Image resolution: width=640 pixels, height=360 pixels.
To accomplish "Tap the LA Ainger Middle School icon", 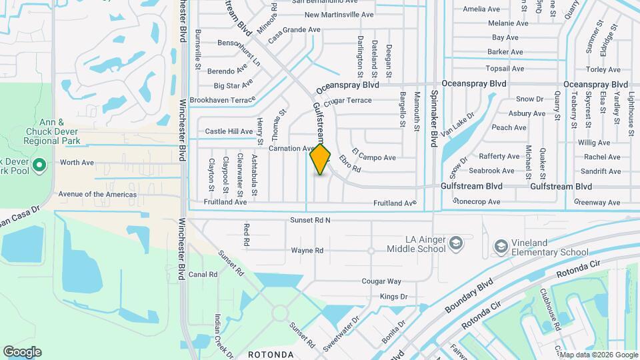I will pyautogui.click(x=456, y=241).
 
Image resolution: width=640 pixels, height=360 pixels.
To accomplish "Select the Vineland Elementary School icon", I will pyautogui.click(x=501, y=247).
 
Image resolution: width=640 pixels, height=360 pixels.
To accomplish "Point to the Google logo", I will pyautogui.click(x=22, y=351).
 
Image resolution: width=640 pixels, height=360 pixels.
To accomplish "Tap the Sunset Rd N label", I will pyautogui.click(x=310, y=220).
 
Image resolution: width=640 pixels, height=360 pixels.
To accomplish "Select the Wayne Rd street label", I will pyautogui.click(x=307, y=251).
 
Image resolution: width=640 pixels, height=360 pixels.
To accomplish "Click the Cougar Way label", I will pyautogui.click(x=381, y=282).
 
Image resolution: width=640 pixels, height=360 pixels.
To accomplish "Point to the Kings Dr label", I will pyautogui.click(x=393, y=297).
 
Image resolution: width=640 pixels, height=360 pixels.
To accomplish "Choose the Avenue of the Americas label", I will pyautogui.click(x=97, y=195).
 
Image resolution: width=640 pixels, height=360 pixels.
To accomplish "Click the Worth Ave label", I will pyautogui.click(x=77, y=163).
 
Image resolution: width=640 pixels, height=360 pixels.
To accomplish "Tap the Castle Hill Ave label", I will pyautogui.click(x=229, y=131).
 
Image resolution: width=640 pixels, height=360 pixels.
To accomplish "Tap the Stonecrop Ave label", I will pyautogui.click(x=476, y=201).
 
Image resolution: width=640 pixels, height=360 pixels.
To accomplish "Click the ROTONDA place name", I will pyautogui.click(x=271, y=354).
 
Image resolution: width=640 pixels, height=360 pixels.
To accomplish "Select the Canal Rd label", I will pyautogui.click(x=203, y=275).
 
